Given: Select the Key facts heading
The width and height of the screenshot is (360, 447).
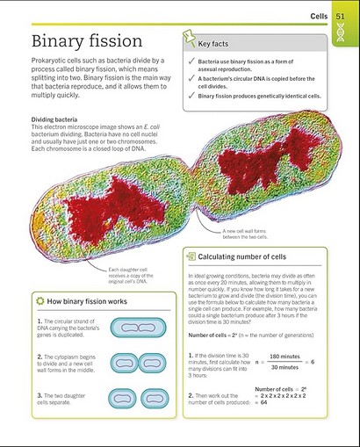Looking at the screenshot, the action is click(216, 43).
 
